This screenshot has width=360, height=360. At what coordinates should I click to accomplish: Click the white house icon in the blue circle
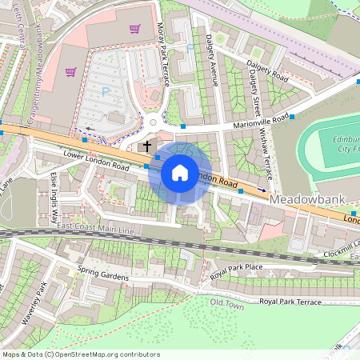pyautogui.click(x=180, y=172)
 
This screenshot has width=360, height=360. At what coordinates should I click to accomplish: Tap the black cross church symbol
pyautogui.click(x=146, y=146)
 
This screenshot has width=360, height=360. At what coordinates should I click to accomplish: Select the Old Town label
pyautogui.click(x=226, y=302)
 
